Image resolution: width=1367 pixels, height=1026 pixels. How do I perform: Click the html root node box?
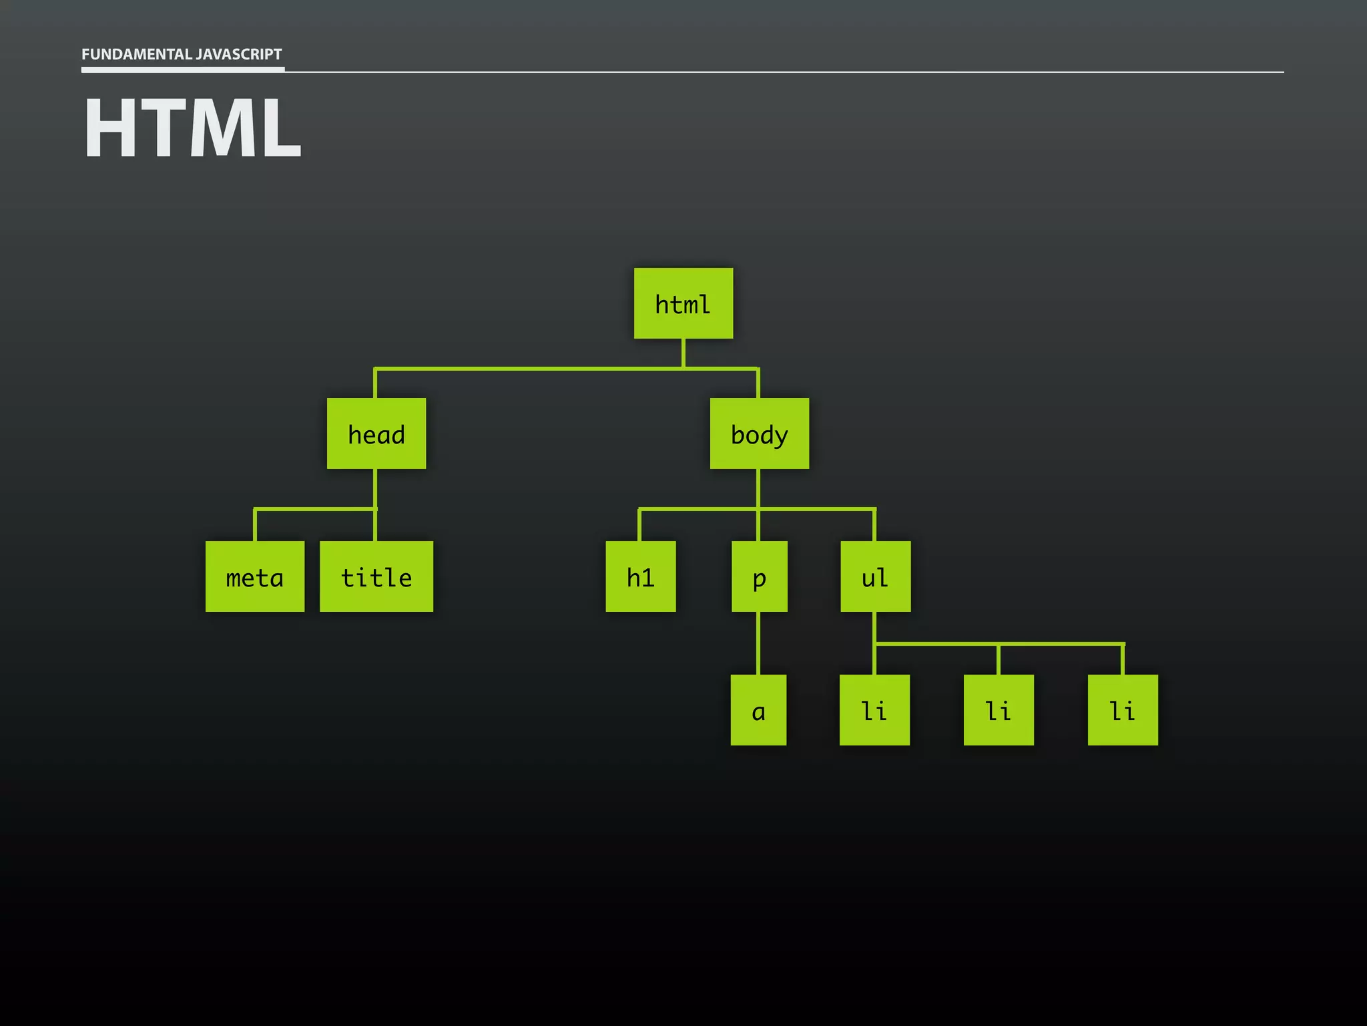click(683, 303)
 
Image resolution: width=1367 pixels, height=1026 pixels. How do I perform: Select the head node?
click(376, 434)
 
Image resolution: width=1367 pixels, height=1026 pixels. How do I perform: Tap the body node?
click(759, 434)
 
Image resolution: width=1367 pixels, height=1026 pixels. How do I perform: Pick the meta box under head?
click(255, 576)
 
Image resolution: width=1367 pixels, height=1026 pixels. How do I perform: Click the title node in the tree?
click(376, 576)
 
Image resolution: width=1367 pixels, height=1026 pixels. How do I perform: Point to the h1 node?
click(640, 576)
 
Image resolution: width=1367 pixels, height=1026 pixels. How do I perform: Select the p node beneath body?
click(759, 576)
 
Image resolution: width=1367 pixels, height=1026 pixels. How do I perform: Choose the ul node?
click(875, 576)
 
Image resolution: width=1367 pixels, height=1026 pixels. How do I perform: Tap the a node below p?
click(758, 710)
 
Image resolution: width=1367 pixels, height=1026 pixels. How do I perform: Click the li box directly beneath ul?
click(874, 710)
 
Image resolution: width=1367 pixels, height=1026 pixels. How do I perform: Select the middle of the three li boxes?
click(999, 710)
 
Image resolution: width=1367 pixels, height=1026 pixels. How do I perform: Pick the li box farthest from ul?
click(1123, 710)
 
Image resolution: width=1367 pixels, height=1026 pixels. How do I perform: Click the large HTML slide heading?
click(192, 128)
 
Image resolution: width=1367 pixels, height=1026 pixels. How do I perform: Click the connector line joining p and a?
click(758, 643)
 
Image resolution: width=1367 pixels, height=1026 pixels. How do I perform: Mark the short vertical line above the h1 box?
click(639, 526)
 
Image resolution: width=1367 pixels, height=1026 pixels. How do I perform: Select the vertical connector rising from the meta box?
click(255, 526)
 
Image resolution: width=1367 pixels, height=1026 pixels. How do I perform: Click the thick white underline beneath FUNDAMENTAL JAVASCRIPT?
click(183, 69)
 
